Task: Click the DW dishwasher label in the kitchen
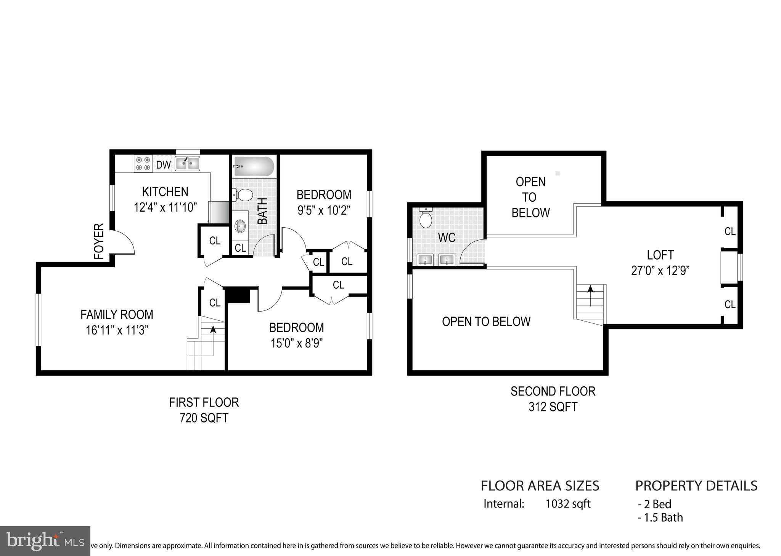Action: (163, 165)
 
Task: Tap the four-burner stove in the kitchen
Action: (143, 164)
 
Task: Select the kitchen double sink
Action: (188, 164)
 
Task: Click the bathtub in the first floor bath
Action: (254, 167)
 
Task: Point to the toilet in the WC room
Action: (425, 217)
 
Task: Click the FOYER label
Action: (99, 241)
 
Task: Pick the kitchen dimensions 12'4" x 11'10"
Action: (165, 207)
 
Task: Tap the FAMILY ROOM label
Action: (117, 315)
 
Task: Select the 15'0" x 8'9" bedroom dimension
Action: (296, 343)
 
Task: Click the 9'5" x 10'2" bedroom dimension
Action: (323, 210)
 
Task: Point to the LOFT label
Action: (660, 255)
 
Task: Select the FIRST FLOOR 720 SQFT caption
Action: (204, 410)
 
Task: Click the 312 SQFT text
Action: (553, 407)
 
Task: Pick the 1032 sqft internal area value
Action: (568, 504)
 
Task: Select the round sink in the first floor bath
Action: (240, 226)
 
